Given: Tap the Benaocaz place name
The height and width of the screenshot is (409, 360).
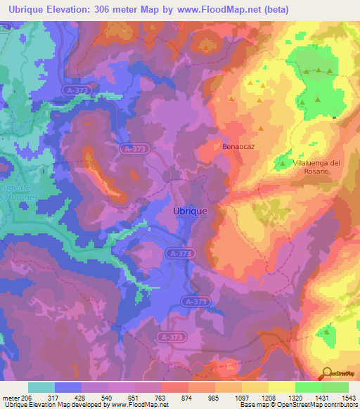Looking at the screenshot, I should (237, 148).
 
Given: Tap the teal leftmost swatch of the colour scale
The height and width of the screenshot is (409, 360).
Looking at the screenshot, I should (41, 387).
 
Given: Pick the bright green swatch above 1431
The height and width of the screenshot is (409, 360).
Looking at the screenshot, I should (309, 387).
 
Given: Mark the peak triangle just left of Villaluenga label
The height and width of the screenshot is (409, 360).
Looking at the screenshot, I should (283, 163).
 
